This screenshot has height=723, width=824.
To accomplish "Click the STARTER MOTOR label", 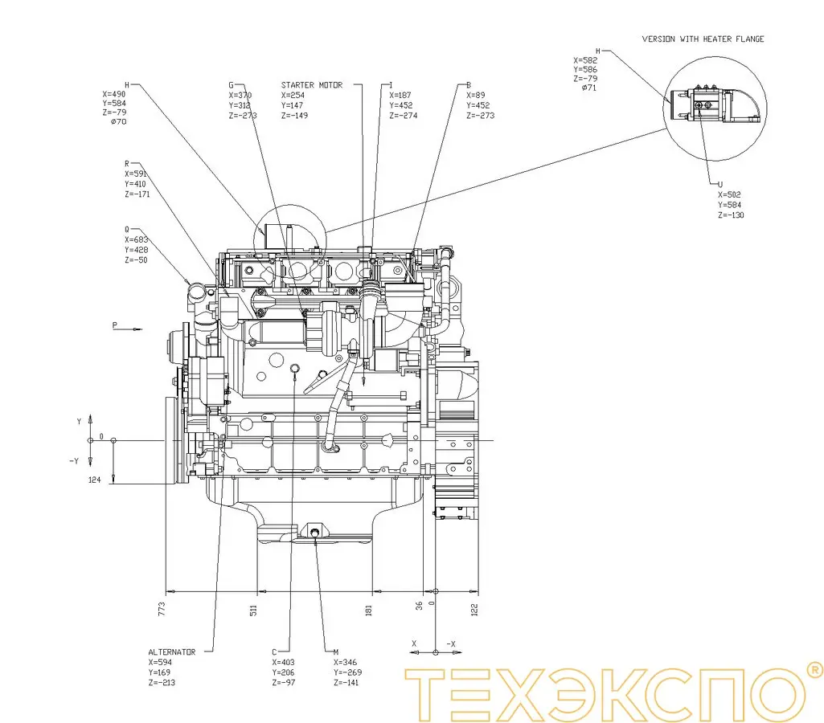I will (311, 84).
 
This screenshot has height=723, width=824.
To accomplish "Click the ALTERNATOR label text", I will (171, 652).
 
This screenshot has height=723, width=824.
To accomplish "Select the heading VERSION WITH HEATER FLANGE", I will (703, 39).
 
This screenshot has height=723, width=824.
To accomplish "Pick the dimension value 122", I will (474, 609).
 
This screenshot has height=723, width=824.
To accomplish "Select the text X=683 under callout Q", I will (137, 239).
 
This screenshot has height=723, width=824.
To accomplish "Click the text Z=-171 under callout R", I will (138, 194).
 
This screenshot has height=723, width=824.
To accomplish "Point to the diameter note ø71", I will (589, 88).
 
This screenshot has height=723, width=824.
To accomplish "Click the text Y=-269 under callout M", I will (347, 672).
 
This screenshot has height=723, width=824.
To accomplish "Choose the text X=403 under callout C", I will (285, 663).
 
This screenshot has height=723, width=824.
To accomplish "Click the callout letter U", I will (720, 184).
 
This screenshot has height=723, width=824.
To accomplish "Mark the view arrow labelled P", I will (114, 325).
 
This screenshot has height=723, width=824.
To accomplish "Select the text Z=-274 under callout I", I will (403, 116).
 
